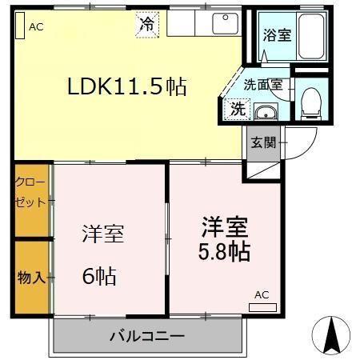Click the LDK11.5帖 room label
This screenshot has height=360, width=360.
(126, 87)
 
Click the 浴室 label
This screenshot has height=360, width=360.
(277, 35)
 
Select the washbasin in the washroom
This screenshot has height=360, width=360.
(265, 111)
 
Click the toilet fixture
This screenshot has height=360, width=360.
(310, 99)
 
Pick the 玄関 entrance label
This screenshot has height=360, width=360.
(263, 143)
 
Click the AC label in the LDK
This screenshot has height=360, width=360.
(36, 26)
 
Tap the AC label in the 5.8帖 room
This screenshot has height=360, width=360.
(262, 294)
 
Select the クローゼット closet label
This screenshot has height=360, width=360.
(30, 192)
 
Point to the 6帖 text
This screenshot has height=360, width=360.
(98, 277)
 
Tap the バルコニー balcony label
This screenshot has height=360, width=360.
(147, 335)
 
